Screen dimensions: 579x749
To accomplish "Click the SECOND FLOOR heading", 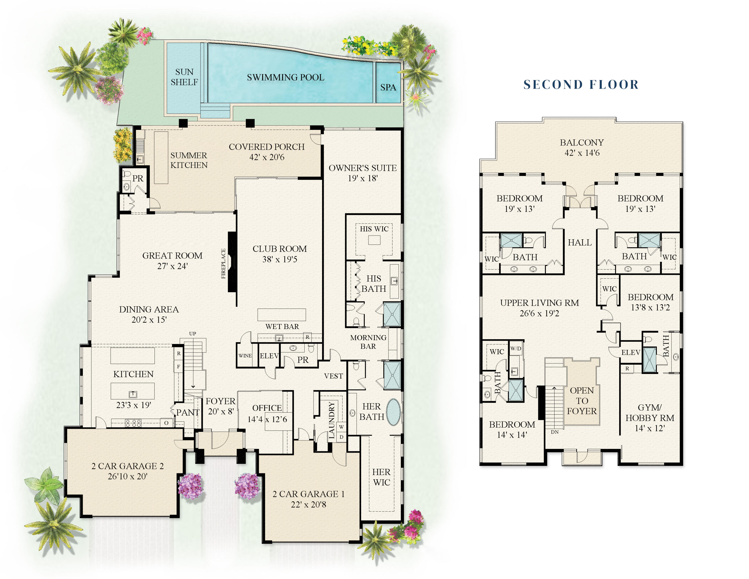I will click(x=581, y=84).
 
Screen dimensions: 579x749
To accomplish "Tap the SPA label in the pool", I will click(x=388, y=87).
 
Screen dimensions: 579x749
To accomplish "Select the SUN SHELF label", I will click(x=184, y=77).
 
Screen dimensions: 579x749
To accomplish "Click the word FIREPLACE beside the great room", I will click(x=223, y=264).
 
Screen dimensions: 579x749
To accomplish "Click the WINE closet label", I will click(x=245, y=356).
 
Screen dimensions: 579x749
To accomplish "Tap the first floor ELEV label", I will click(x=269, y=356).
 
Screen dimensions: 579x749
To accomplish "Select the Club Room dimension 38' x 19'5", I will click(x=280, y=259).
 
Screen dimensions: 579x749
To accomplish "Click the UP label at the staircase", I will click(x=192, y=333).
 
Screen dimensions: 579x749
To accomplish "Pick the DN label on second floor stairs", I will click(x=555, y=432).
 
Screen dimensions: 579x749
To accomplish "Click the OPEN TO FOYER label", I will click(x=582, y=401).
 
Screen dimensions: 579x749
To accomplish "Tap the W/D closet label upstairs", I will click(x=516, y=348).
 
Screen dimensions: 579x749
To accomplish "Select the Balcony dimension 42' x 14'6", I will click(x=582, y=153).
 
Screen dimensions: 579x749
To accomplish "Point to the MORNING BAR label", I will click(x=368, y=342).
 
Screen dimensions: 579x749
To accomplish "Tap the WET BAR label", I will click(x=282, y=326).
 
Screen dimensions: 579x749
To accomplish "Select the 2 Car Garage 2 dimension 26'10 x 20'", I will click(x=127, y=476).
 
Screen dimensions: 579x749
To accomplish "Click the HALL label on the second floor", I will click(x=579, y=243).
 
